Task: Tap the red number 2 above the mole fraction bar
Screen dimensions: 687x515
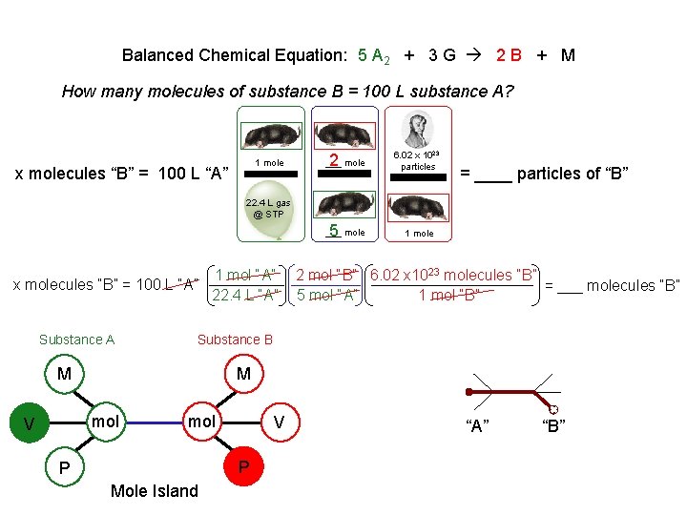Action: pyautogui.click(x=334, y=160)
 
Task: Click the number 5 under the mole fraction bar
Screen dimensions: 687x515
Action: pyautogui.click(x=334, y=230)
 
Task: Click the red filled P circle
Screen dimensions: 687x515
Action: pyautogui.click(x=243, y=466)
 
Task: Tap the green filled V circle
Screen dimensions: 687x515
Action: pyautogui.click(x=30, y=422)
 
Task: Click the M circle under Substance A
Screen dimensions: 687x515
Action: pyautogui.click(x=64, y=374)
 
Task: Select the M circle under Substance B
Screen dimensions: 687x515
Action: pyautogui.click(x=243, y=374)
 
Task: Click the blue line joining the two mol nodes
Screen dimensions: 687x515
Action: pyautogui.click(x=153, y=422)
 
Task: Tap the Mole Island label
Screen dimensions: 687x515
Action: pyautogui.click(x=155, y=491)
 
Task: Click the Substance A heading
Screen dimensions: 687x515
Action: pyautogui.click(x=76, y=340)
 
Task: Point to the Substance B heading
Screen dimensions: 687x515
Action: pyautogui.click(x=235, y=340)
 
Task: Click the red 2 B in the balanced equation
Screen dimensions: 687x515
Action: pyautogui.click(x=509, y=54)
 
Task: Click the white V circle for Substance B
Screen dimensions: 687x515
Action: pyautogui.click(x=280, y=422)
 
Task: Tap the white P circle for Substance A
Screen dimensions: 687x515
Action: pyautogui.click(x=64, y=468)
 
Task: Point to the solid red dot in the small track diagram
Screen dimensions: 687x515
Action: pyautogui.click(x=468, y=392)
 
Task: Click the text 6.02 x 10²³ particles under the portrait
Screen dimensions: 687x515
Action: pyautogui.click(x=418, y=160)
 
